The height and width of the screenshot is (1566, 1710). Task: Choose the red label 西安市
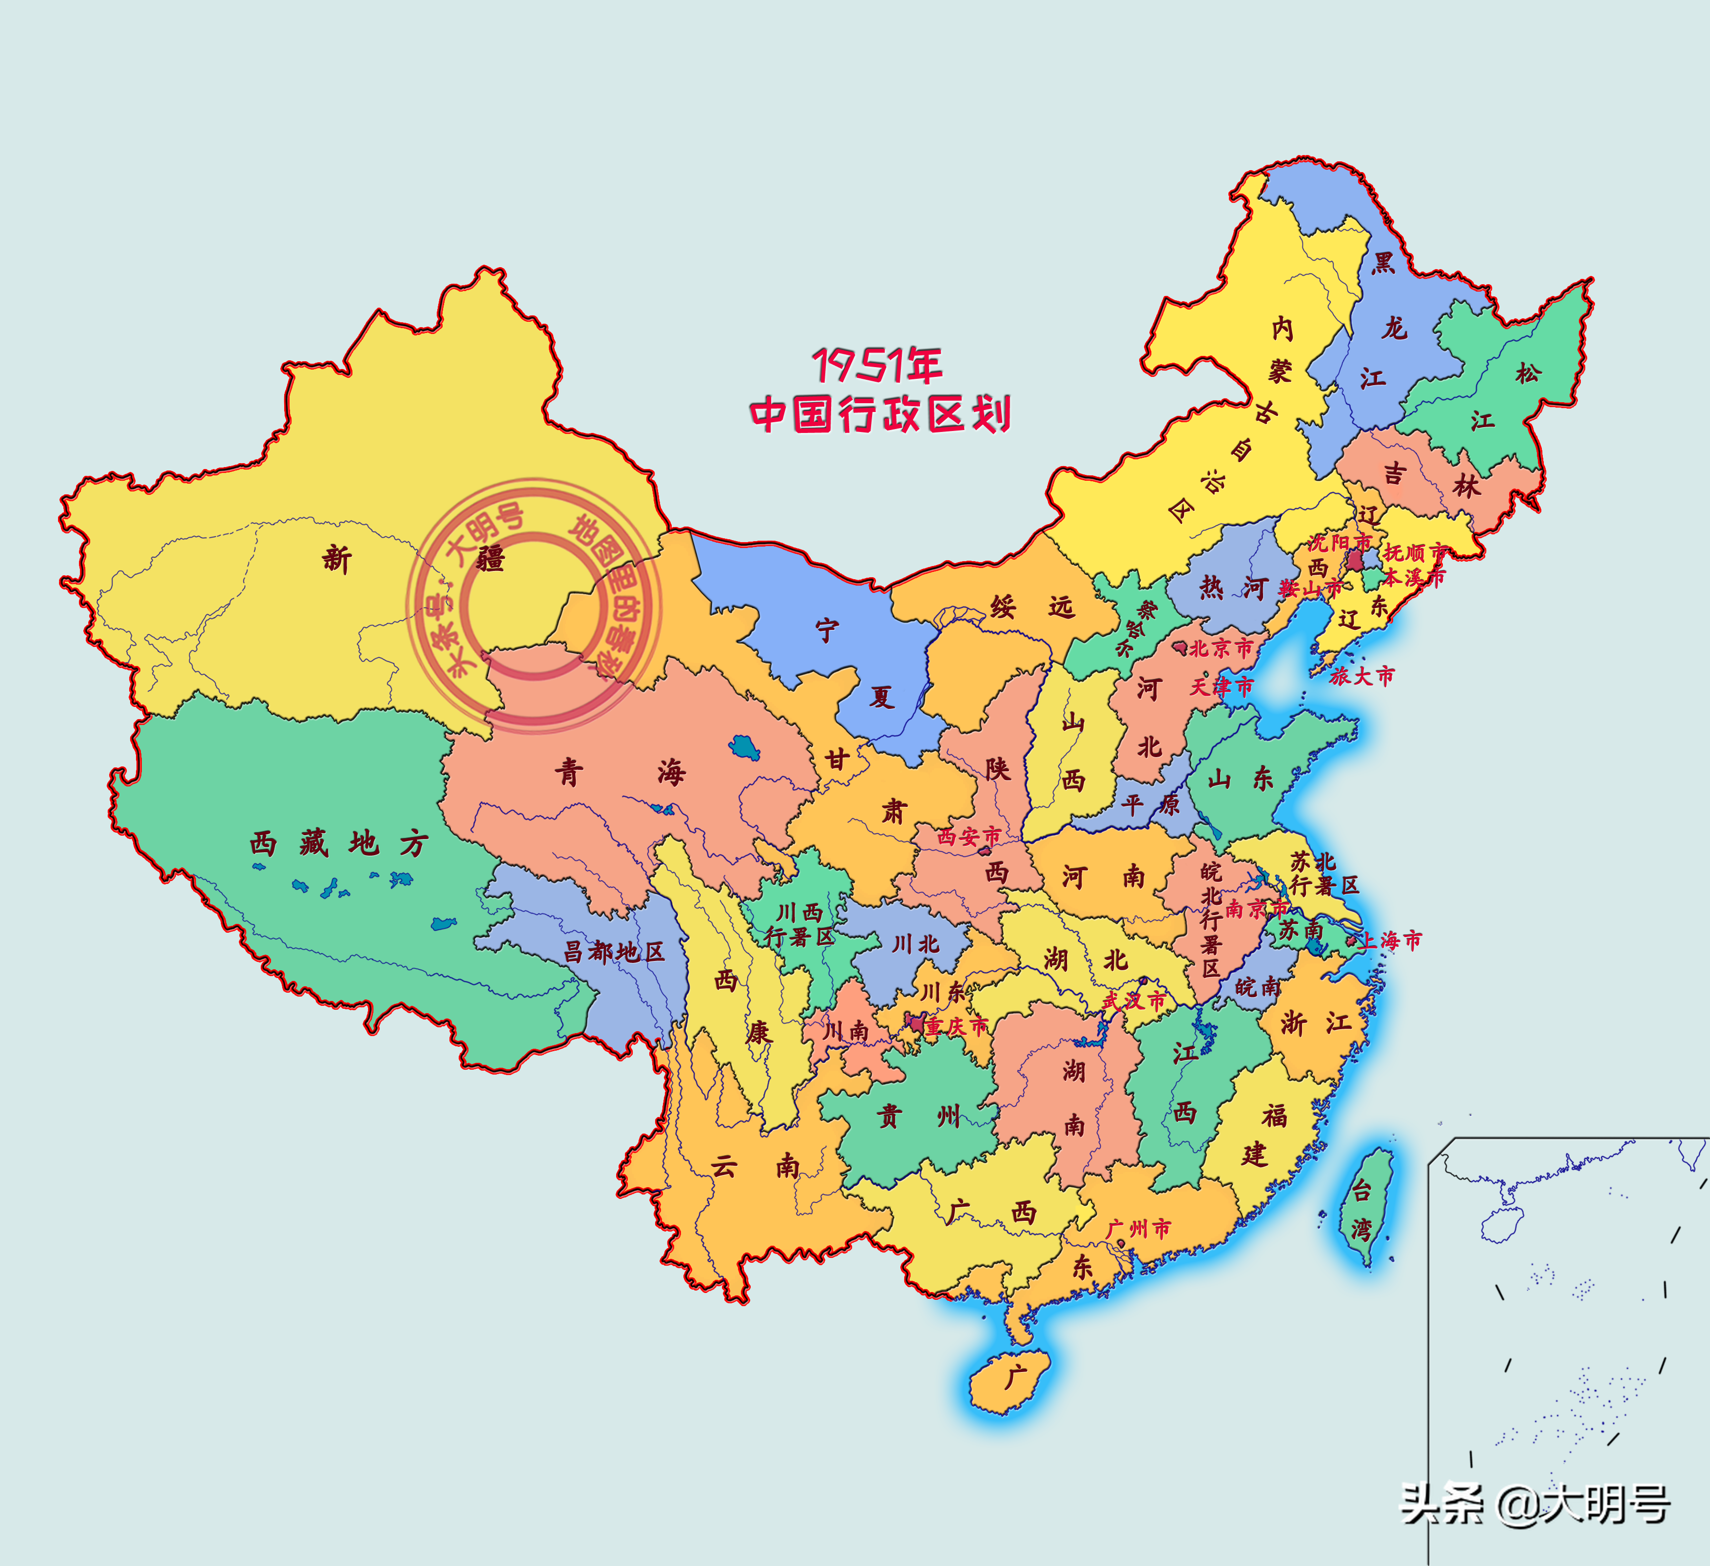pos(969,837)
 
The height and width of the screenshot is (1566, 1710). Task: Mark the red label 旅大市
pos(1361,676)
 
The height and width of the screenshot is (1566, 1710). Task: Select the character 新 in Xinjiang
pos(337,560)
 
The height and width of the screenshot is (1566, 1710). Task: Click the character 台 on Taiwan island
pos(1360,1190)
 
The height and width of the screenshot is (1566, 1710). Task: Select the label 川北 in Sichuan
pos(915,943)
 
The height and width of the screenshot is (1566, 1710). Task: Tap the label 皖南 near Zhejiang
pos(1258,987)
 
